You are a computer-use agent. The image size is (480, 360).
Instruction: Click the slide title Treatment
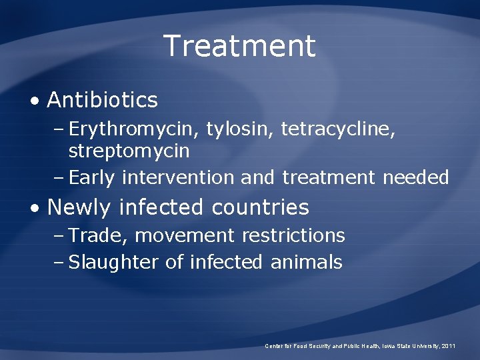click(239, 46)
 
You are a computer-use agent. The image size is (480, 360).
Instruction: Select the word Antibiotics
click(103, 100)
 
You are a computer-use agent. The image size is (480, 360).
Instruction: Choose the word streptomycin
click(129, 151)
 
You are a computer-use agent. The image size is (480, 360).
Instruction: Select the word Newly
click(79, 207)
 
